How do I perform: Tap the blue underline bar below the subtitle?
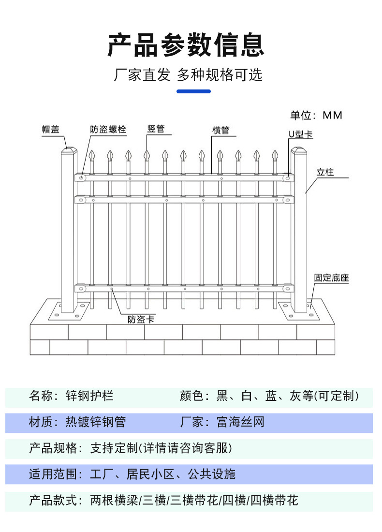(x=193, y=91)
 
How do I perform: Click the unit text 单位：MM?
(x=316, y=115)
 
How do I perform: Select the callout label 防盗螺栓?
(x=108, y=129)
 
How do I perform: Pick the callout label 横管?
(x=220, y=130)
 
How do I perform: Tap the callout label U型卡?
(x=300, y=134)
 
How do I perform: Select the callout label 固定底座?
(x=331, y=278)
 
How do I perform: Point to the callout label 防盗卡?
(x=141, y=319)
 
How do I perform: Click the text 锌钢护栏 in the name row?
(x=89, y=396)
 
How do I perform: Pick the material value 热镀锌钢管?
(x=95, y=422)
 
